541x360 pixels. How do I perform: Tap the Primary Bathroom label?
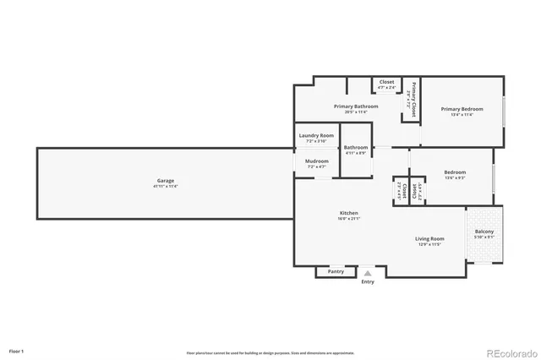coord(356,106)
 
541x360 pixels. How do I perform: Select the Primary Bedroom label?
coord(462,109)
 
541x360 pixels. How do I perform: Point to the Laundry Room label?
coord(316,135)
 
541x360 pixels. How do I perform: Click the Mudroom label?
coord(316,161)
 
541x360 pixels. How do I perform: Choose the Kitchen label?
coord(349,213)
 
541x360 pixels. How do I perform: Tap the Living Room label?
coord(429,239)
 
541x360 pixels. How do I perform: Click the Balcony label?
coord(484,232)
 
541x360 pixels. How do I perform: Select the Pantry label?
coord(336,271)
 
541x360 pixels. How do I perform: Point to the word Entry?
coord(368,281)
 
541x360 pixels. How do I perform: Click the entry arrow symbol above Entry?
coord(368,274)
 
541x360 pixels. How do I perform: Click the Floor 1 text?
coord(17,350)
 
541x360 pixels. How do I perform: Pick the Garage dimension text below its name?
coord(166,187)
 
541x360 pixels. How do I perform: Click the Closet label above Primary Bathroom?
coord(386,82)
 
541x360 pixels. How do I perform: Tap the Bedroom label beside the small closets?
coord(455,172)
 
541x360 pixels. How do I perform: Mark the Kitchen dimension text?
coord(349,219)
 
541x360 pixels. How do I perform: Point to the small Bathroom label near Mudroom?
coord(355,148)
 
